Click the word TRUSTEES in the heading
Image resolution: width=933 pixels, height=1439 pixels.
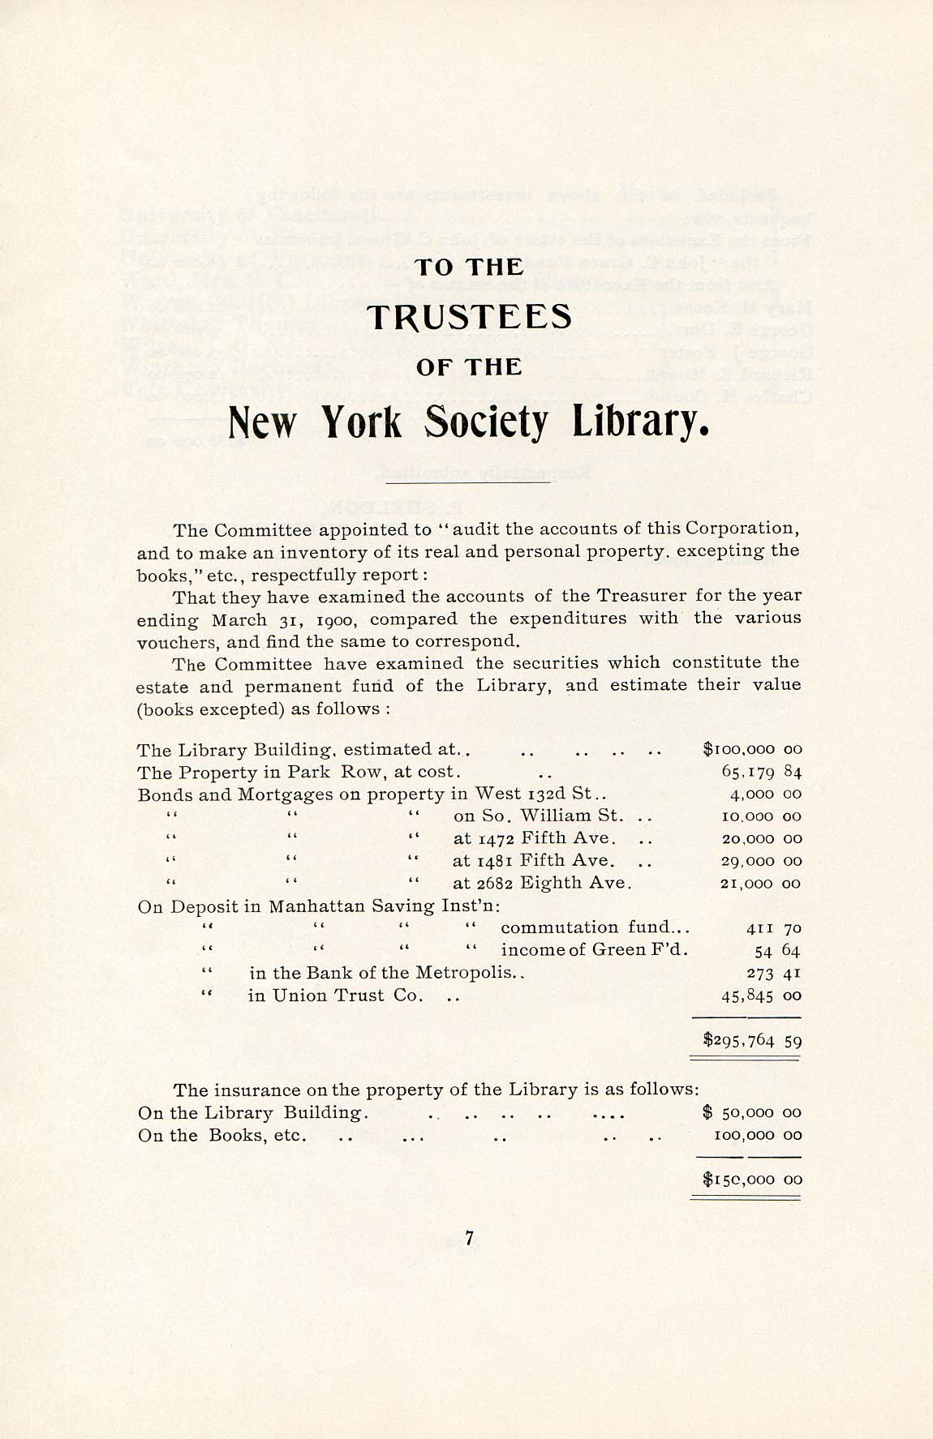click(469, 317)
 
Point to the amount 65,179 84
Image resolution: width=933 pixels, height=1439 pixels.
click(761, 772)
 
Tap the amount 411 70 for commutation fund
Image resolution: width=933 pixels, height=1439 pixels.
click(773, 927)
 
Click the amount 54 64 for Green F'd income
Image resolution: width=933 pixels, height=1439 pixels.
click(777, 950)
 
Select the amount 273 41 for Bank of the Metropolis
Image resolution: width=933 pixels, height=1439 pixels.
click(773, 972)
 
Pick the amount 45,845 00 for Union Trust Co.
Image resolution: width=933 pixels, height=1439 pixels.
click(761, 995)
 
